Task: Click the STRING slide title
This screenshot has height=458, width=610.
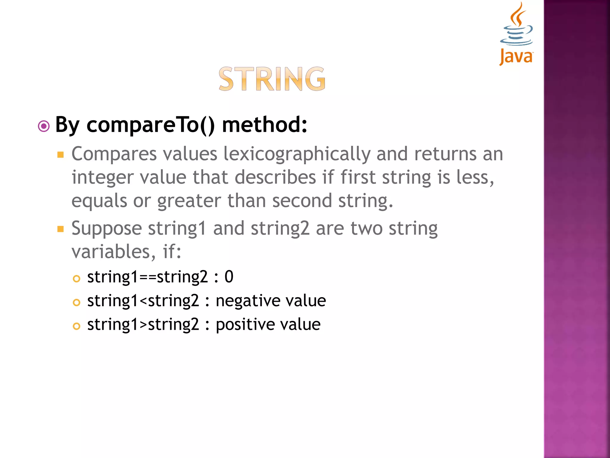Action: pos(272,79)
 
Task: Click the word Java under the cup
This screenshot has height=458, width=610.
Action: pos(516,57)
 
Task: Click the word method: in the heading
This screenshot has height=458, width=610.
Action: pos(264,125)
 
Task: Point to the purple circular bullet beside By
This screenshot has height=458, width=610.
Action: pos(44,126)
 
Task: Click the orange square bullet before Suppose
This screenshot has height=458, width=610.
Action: pos(61,229)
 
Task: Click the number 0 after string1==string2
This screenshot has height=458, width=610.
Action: pos(229,277)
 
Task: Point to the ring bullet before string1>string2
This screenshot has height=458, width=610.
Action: pos(77,326)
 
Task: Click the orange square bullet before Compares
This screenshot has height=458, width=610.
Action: pos(61,154)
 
